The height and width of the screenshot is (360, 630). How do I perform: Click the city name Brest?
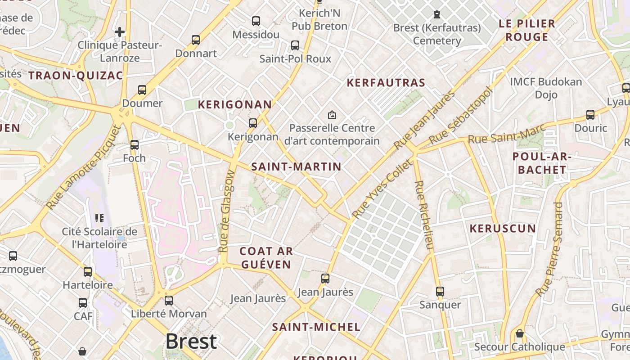191,342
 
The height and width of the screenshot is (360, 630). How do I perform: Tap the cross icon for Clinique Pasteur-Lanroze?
120,32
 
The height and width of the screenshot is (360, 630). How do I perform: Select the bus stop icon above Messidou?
256,21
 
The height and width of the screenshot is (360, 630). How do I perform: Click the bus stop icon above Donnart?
196,40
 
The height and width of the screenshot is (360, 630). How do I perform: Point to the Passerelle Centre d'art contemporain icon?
332,115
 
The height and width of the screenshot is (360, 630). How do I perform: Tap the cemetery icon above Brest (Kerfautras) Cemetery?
436,14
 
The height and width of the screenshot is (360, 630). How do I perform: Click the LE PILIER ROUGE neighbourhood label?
526,30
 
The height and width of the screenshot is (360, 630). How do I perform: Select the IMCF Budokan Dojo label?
546,88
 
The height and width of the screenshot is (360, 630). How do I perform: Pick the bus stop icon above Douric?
590,115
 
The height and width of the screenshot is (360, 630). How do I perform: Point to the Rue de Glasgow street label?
227,211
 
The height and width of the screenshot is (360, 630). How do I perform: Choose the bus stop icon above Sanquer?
440,292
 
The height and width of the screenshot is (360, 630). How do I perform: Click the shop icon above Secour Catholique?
520,333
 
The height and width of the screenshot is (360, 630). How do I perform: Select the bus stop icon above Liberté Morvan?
169,300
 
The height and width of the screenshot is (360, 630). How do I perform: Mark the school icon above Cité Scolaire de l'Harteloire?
100,218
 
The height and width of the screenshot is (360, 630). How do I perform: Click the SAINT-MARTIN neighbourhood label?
296,166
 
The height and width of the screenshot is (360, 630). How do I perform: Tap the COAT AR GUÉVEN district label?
266,258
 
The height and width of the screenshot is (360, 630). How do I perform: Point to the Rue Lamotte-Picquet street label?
84,167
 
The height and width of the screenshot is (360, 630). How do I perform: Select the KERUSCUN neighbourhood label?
503,229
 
